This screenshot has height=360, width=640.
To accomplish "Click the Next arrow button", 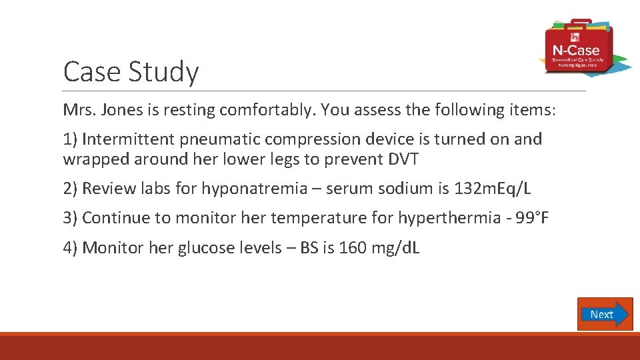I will [x=605, y=314].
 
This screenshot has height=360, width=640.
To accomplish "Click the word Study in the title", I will [x=167, y=71].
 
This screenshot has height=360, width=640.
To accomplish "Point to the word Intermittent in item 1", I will [x=127, y=139].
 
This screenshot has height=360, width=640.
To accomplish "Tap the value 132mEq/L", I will [x=493, y=189].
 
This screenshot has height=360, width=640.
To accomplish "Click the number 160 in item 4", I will [x=352, y=248].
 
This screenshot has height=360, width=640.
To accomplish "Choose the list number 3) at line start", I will [x=70, y=218].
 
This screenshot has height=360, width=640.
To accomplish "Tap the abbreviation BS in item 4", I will [x=309, y=248].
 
